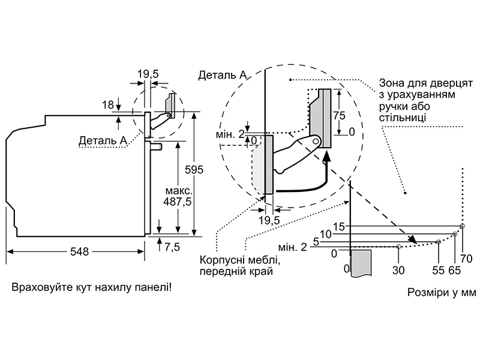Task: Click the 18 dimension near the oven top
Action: coord(107,105)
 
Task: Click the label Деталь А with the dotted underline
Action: coord(103,140)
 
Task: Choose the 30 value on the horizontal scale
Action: coord(398,270)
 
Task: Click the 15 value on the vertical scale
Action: coord(340,226)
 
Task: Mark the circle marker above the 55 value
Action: coord(439,242)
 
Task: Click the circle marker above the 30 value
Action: coord(399,247)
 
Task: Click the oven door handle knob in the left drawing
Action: coord(158,146)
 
